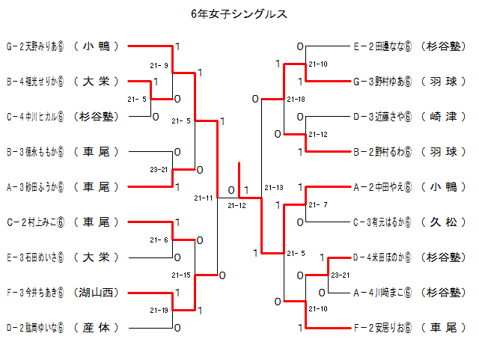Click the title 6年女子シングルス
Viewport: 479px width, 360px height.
[x=239, y=13]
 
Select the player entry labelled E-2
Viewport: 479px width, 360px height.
[x=382, y=46]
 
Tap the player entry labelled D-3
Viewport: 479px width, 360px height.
[x=382, y=116]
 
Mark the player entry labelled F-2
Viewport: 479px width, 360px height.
[x=382, y=327]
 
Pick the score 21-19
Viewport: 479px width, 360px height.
[x=159, y=310]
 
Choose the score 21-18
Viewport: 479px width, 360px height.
[x=296, y=99]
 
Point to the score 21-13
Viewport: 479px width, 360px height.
[x=274, y=187]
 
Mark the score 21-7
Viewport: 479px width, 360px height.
[x=317, y=204]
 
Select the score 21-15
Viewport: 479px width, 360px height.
[x=181, y=275]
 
